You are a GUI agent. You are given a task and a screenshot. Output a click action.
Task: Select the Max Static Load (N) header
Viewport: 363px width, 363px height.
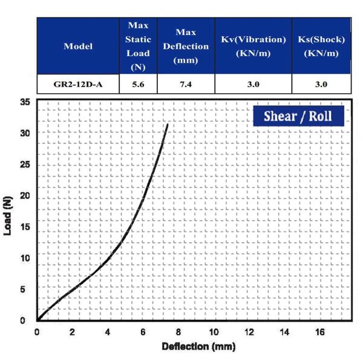tap(138, 47)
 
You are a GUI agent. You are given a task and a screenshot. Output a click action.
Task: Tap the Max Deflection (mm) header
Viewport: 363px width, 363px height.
tap(186, 47)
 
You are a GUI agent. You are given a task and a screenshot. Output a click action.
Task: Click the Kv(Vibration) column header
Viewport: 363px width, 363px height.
tap(253, 47)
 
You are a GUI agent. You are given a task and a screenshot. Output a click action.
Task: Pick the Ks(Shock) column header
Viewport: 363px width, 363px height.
tap(321, 47)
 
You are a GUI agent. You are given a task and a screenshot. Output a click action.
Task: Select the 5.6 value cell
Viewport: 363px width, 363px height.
tap(138, 84)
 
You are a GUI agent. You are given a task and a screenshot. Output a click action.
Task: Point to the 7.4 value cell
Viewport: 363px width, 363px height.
tap(186, 84)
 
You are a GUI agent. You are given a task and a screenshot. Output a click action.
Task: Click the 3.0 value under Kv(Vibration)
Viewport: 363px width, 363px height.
tap(253, 84)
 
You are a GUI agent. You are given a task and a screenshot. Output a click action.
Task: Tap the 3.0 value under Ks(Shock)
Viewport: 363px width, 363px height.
tap(321, 84)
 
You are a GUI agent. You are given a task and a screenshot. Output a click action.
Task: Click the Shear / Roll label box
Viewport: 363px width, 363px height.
tap(299, 116)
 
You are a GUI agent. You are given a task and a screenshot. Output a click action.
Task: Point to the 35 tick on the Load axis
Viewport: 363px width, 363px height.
tap(25, 102)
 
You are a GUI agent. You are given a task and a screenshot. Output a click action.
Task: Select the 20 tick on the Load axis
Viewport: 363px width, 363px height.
tap(25, 195)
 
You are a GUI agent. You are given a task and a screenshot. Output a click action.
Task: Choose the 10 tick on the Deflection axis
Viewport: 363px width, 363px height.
tap(214, 332)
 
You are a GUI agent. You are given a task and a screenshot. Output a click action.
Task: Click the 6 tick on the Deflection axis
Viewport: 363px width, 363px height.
tap(143, 332)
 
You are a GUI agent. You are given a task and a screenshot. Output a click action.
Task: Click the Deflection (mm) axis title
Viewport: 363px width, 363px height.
tap(198, 347)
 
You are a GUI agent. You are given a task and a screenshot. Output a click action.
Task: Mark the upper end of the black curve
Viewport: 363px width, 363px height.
tap(167, 125)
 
